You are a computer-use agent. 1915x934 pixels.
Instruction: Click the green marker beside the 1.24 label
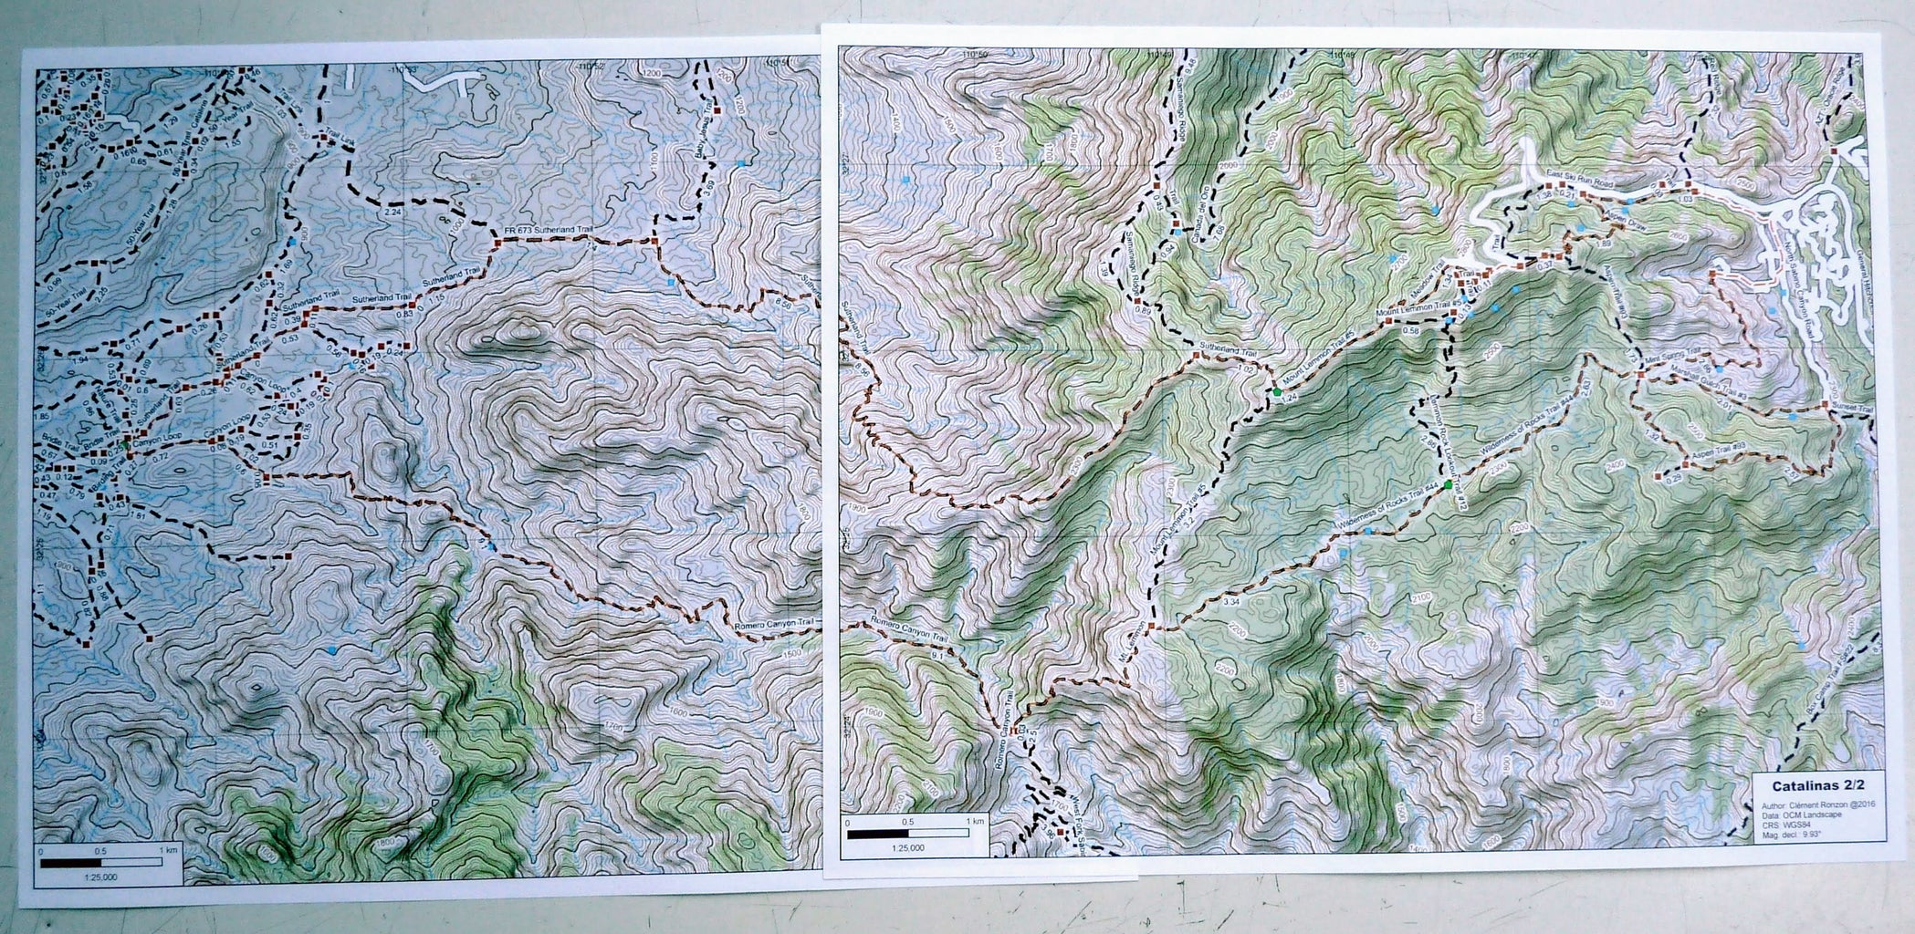pyautogui.click(x=1278, y=391)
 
